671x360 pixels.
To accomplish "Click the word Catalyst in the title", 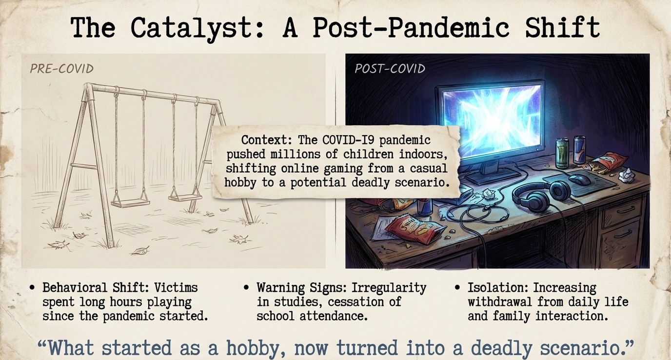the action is click(197, 28).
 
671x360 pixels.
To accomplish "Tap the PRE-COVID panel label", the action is click(62, 69).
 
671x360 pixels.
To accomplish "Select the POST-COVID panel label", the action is click(390, 69).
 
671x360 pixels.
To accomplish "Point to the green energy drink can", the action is click(562, 154).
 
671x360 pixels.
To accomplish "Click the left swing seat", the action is click(130, 203).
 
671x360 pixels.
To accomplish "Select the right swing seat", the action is click(185, 198).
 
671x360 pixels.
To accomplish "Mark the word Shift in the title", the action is click(562, 27).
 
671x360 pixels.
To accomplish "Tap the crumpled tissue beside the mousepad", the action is click(627, 175).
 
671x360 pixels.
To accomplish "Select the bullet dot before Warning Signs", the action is click(246, 288).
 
